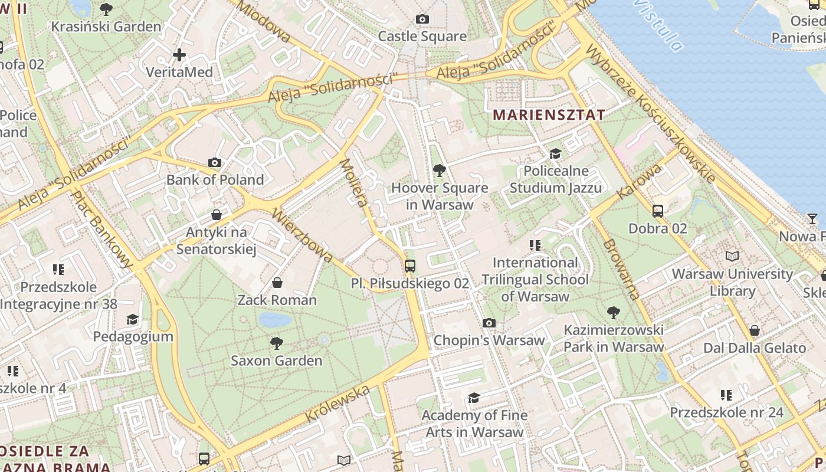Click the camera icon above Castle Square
pos(422,19)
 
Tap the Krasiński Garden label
pos(106,27)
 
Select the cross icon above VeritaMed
pos(179,55)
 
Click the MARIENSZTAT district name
pos(549,114)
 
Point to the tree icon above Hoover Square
pos(439,171)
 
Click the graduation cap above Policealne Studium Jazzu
pos(555,153)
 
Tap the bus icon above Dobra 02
pos(657,211)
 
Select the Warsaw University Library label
pos(732,282)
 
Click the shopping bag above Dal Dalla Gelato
pos(754,330)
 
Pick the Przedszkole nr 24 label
pos(726,412)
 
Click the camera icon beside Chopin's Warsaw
pos(489,323)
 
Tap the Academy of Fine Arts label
pos(474,423)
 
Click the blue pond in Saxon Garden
pos(275,320)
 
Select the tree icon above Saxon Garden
pos(276,343)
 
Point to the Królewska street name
pos(337,403)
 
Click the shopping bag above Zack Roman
pos(277,283)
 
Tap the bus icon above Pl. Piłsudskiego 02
pos(410,265)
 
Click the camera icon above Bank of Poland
pos(215,162)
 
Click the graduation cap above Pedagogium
pos(132,319)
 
